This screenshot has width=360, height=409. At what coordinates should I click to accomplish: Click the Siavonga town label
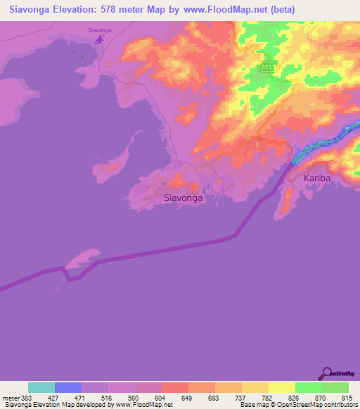click(183, 198)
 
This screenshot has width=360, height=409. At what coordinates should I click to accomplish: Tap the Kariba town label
click(316, 179)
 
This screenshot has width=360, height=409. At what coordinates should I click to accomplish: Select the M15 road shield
click(264, 67)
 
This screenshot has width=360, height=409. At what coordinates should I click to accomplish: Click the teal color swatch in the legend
click(41, 387)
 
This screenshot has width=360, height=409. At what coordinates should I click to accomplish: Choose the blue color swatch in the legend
click(68, 387)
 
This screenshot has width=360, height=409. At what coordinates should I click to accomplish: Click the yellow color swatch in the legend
click(282, 387)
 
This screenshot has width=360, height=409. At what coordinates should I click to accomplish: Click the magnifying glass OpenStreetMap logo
click(326, 373)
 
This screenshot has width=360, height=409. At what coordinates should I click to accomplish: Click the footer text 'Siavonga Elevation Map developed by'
click(59, 405)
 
